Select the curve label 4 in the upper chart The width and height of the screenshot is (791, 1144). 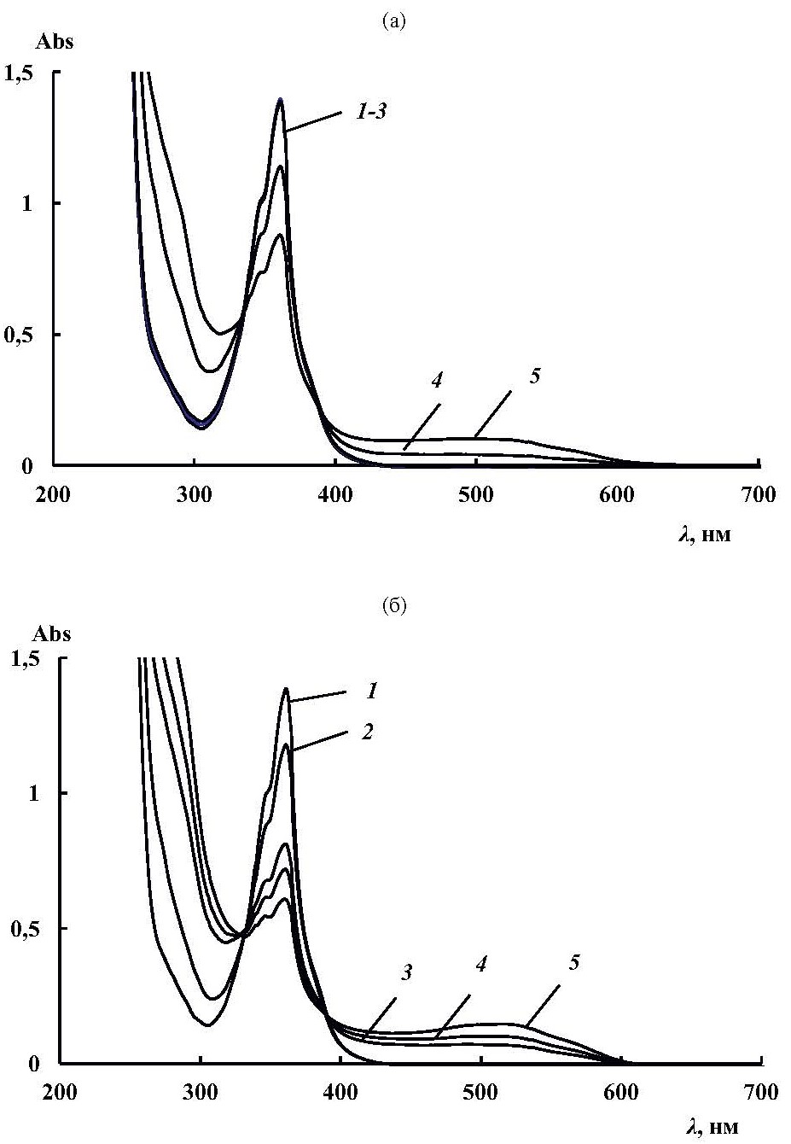point(437,382)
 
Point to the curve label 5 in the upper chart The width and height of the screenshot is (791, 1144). point(535,376)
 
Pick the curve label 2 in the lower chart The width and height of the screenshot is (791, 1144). point(367,732)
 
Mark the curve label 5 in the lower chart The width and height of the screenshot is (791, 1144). point(574,962)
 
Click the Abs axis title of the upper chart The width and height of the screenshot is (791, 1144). point(54,43)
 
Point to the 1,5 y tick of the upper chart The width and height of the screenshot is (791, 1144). point(21,73)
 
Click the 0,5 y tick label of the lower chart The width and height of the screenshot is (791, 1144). point(23,928)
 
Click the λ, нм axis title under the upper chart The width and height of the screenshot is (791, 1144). point(705,538)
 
